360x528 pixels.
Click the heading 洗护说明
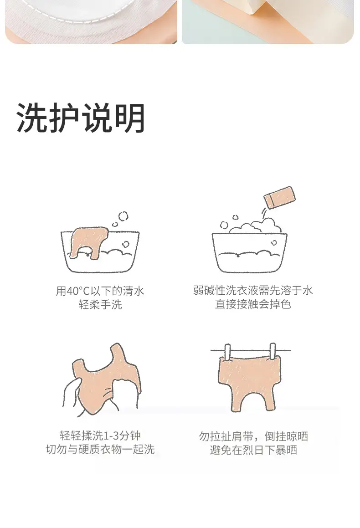[81, 118]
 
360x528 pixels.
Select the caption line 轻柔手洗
[100, 304]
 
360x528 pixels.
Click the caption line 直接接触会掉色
[253, 304]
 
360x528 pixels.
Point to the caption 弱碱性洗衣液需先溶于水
[253, 290]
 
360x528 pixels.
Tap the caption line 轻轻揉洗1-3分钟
[100, 436]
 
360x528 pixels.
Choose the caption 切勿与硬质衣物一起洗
[100, 449]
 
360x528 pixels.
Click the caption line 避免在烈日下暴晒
[253, 450]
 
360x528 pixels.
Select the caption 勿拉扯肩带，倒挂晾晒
[253, 436]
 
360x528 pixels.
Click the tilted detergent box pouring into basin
[279, 197]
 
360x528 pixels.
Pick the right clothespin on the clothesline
[273, 352]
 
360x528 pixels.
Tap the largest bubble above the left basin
[123, 216]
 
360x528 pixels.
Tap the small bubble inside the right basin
[274, 243]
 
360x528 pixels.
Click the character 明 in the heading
[130, 118]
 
